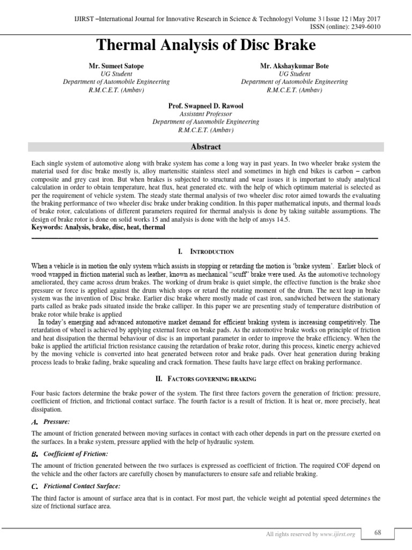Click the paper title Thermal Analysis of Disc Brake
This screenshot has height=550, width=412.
click(x=205, y=45)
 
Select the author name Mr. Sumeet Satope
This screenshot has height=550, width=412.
click(x=116, y=66)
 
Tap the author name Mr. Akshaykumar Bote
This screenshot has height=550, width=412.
click(x=294, y=66)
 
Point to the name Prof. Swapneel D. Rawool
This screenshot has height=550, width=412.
click(x=205, y=106)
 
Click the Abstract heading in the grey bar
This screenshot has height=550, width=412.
click(x=205, y=147)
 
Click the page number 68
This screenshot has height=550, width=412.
click(x=378, y=532)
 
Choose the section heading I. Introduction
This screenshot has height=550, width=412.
click(x=205, y=251)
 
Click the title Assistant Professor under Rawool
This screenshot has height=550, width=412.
click(x=205, y=114)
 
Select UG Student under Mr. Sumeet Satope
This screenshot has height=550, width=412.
click(x=116, y=74)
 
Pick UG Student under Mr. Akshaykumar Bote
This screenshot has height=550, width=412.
click(x=294, y=74)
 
